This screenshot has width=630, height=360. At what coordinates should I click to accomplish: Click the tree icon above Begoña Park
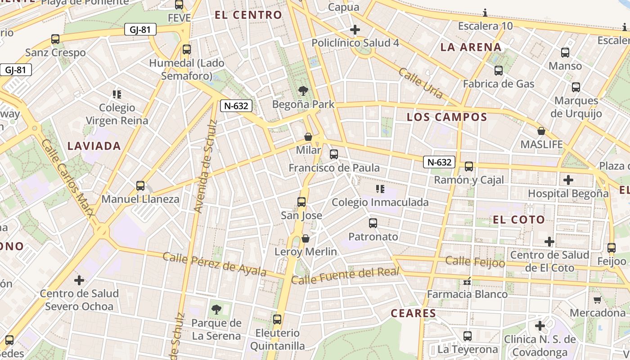pyautogui.click(x=303, y=91)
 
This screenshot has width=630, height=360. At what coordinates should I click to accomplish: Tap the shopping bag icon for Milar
pyautogui.click(x=308, y=137)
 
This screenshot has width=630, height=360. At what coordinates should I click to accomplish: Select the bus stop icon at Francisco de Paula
pyautogui.click(x=334, y=154)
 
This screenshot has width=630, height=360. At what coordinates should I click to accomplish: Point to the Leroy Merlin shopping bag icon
pyautogui.click(x=306, y=238)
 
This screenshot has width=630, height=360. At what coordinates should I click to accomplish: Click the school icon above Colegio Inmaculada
pyautogui.click(x=380, y=189)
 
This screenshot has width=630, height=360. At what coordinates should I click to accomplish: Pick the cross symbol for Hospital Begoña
pyautogui.click(x=568, y=180)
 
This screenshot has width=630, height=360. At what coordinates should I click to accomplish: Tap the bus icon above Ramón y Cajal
pyautogui.click(x=469, y=166)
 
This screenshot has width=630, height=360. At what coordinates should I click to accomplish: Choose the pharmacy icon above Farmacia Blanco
pyautogui.click(x=467, y=281)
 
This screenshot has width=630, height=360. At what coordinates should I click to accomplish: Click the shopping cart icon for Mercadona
pyautogui.click(x=597, y=300)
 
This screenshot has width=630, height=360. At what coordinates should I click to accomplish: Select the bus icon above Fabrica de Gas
pyautogui.click(x=499, y=71)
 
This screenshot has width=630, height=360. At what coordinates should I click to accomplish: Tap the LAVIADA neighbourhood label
pyautogui.click(x=94, y=146)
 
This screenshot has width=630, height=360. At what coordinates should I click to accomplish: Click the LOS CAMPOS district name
pyautogui.click(x=447, y=117)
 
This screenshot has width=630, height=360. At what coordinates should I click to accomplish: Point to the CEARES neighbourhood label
pyautogui.click(x=413, y=314)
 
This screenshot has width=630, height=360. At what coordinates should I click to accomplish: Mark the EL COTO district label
pyautogui.click(x=519, y=220)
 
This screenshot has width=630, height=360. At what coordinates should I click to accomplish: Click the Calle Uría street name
pyautogui.click(x=421, y=84)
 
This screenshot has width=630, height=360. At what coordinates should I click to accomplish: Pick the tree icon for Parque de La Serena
pyautogui.click(x=216, y=310)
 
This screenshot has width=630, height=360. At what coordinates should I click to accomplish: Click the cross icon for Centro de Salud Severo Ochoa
pyautogui.click(x=79, y=280)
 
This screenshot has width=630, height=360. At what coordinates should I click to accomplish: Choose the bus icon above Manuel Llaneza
pyautogui.click(x=140, y=186)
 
